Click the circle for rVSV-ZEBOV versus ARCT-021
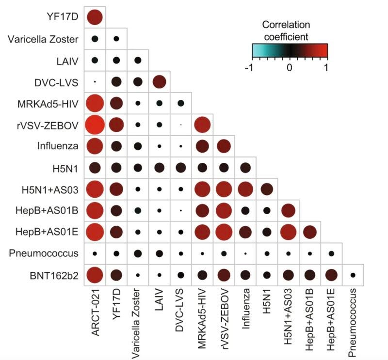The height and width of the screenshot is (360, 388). tap(95, 125)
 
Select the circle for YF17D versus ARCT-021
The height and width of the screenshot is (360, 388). tap(95, 17)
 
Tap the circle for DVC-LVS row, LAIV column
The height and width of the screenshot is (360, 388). tap(160, 82)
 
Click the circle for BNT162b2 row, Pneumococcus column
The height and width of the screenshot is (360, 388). tap(353, 275)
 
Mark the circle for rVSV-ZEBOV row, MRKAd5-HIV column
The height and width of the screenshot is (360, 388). tap(202, 125)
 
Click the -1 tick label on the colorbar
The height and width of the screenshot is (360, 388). tap(249, 68)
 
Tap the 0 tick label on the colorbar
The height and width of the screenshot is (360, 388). tap(290, 68)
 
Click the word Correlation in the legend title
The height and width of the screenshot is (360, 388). tap(286, 24)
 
